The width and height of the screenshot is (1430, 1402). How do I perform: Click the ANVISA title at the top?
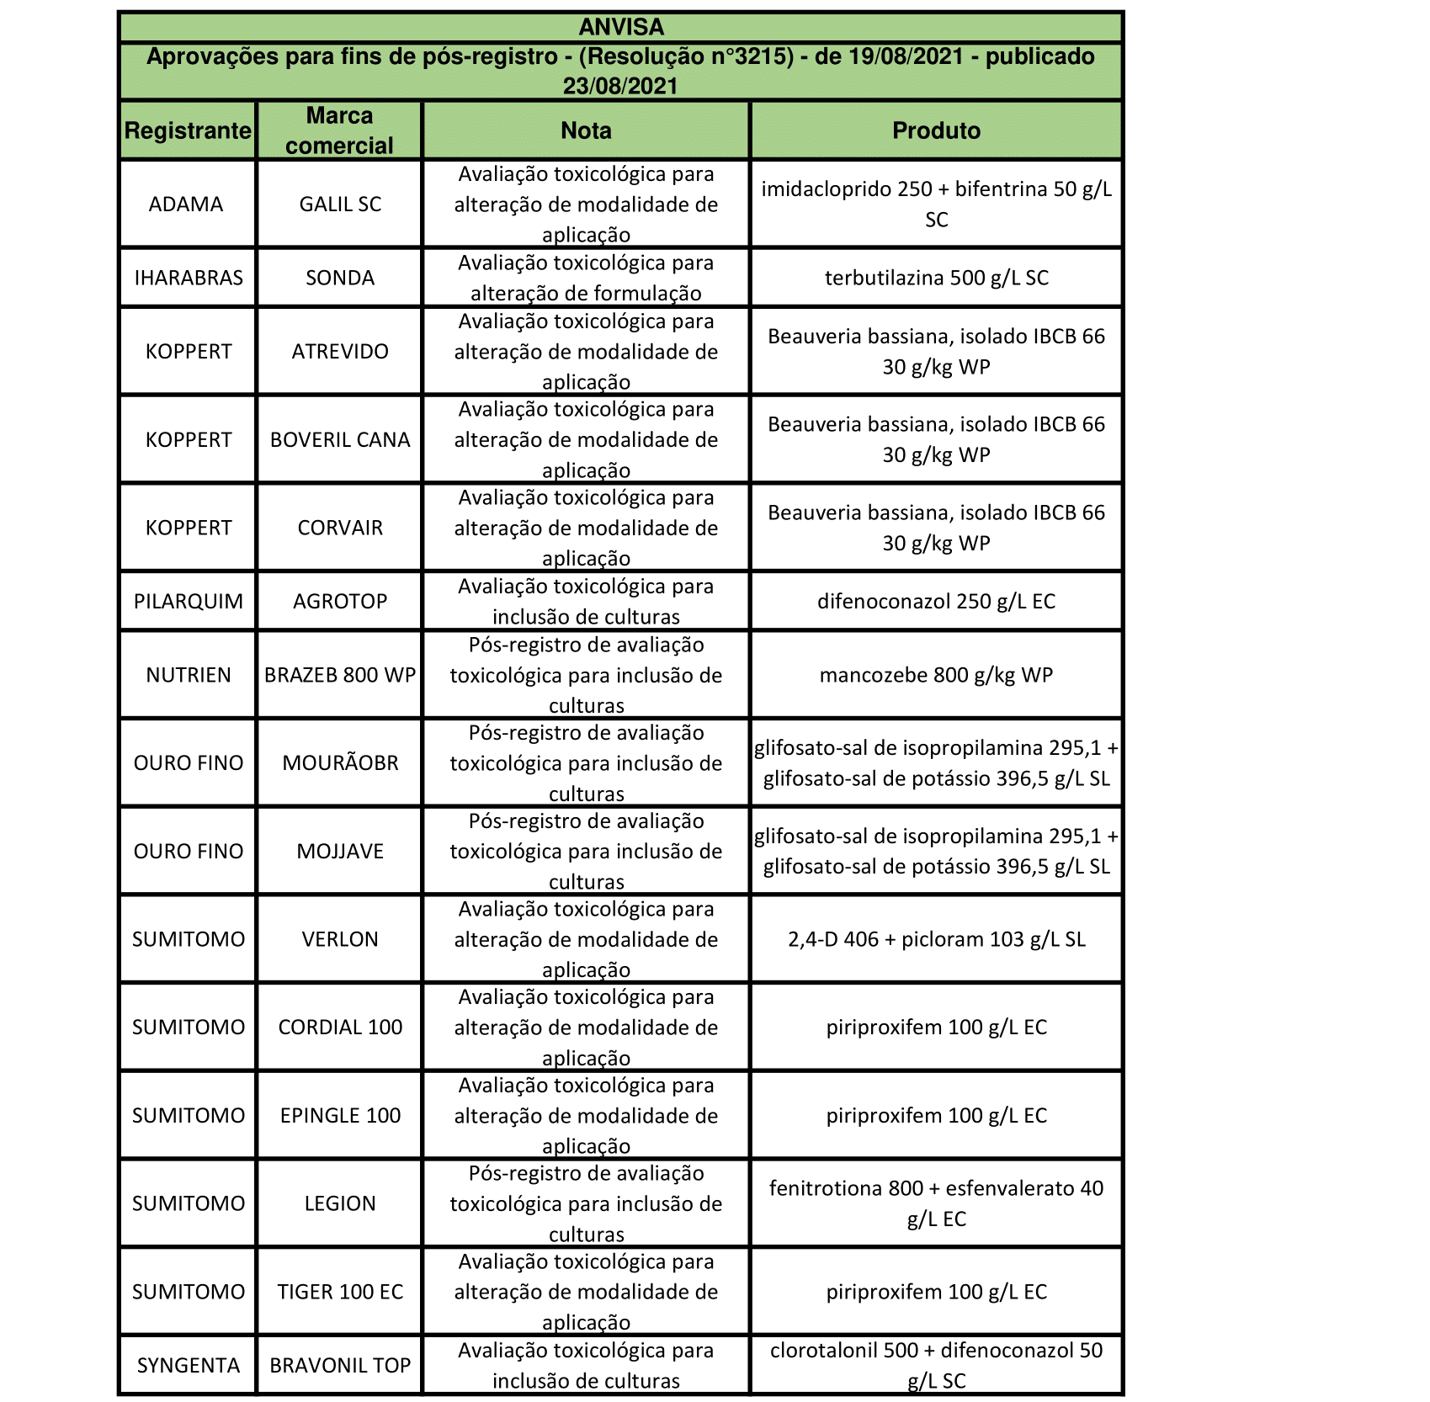point(620,27)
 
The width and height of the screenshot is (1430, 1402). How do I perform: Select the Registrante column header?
point(188,130)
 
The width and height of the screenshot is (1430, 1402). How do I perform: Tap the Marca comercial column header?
point(339,130)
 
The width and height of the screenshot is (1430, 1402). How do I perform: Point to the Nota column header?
point(586,130)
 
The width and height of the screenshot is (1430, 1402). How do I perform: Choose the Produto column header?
point(936,130)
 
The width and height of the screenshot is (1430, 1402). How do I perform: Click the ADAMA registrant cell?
point(186,204)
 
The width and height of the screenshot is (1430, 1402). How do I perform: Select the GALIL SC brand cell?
point(340,204)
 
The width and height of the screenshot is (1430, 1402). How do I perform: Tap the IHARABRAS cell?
point(188,278)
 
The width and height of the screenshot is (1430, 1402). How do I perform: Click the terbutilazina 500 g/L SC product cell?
point(936,278)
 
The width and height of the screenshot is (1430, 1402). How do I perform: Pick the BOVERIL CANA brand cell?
point(340,439)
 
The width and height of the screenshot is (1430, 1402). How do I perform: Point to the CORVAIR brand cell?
point(340,528)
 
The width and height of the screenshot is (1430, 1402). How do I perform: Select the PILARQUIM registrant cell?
point(188,601)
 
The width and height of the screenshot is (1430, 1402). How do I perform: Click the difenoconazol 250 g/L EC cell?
point(936,601)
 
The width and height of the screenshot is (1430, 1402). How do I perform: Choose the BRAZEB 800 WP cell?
point(340,675)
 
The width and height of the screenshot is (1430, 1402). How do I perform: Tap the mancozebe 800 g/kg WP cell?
point(936,675)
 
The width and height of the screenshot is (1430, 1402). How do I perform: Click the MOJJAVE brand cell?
point(340,851)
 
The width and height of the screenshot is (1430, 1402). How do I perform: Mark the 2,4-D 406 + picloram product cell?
point(936,939)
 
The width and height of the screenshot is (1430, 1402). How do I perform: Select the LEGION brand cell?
point(340,1203)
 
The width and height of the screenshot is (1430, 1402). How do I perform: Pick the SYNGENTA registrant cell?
point(188,1365)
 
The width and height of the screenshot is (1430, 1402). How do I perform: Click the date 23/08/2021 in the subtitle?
point(620,86)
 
